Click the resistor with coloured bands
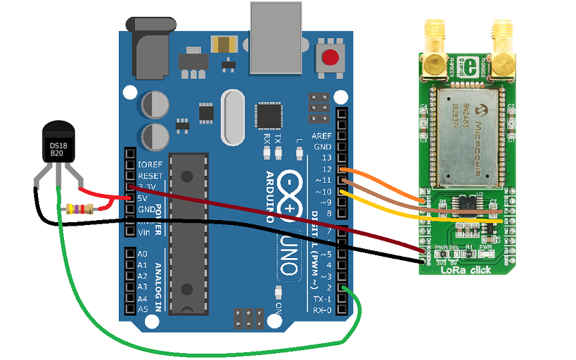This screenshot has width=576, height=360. pos(78,208)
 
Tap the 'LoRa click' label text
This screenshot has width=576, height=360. pos(468,269)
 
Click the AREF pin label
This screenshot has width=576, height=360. pos(322,135)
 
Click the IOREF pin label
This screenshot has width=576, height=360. pos(150,164)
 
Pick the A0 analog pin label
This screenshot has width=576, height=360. pos(143,254)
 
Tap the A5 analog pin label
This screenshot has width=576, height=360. pos(143,309)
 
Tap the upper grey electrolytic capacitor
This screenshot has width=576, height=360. pos(154,105)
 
